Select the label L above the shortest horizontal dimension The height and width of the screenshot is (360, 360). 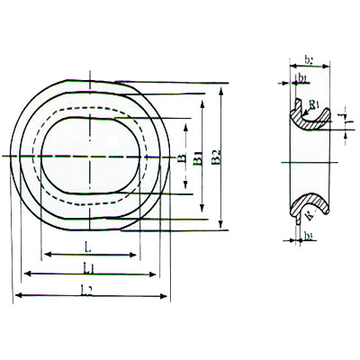tap(87, 246)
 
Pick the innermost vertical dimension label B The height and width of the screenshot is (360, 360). tap(183, 159)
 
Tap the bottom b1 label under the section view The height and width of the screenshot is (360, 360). tap(309, 237)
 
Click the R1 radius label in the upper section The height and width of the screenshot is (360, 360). tap(312, 106)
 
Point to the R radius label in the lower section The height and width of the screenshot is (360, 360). tap(310, 217)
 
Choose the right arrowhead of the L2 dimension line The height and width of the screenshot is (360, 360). tap(168, 295)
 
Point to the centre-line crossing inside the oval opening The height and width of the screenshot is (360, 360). tap(90, 158)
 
